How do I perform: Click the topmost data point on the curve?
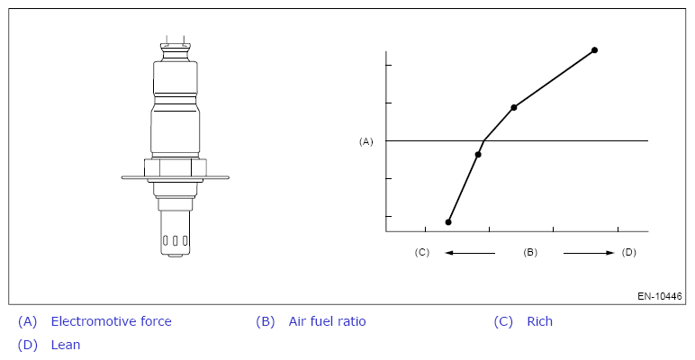coord(594,50)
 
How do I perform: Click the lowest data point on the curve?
coord(448,222)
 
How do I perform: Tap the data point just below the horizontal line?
coord(478,154)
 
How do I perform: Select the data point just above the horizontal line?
coord(514,107)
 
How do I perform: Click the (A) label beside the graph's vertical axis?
coord(366,141)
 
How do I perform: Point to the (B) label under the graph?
coord(530,252)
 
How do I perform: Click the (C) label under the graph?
coord(422,252)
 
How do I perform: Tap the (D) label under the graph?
coord(629,252)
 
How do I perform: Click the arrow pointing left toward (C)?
coord(470,253)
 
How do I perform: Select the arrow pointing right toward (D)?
coord(589,253)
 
